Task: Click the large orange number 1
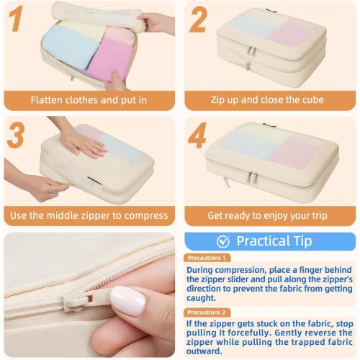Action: pos(17,19)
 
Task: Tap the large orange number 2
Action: pos(198,19)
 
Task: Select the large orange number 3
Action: pos(16,135)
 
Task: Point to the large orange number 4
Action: pos(197,135)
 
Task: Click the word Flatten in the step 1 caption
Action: pos(47,100)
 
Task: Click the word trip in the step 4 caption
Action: pos(320,216)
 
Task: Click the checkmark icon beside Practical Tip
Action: pos(223,241)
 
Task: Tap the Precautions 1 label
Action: pos(207,258)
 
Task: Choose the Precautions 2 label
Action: pos(207,312)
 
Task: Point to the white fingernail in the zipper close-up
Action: pos(127,301)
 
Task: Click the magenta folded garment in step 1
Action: pos(110,60)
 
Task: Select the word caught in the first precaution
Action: pos(201,298)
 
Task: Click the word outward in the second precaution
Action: pos(204,351)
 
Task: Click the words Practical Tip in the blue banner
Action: pos(274,241)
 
